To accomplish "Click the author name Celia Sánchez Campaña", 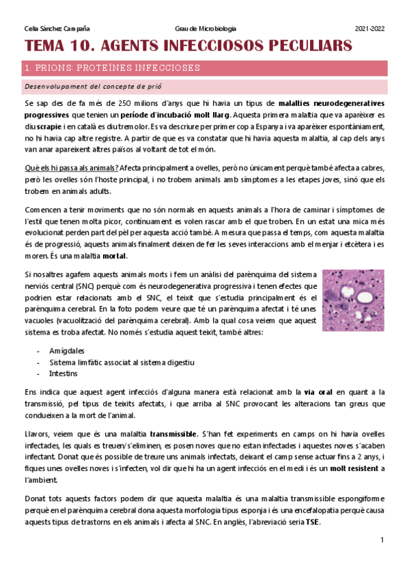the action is pos(57,29).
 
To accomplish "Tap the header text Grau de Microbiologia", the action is pos(206,29).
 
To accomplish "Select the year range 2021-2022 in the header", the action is pos(369,29).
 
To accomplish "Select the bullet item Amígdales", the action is pos(66,350).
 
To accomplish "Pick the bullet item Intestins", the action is pos(62,373).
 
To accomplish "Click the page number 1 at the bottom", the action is pos(382,540).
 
